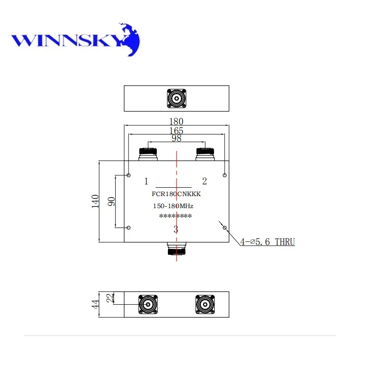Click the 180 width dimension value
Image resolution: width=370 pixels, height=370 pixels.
(177, 122)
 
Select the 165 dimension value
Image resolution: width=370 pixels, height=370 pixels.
(177, 130)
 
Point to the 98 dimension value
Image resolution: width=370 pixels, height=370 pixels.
(177, 138)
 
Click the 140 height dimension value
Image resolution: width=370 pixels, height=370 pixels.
(95, 201)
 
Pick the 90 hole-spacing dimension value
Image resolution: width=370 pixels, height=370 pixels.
(111, 201)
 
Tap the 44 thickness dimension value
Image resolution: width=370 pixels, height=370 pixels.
(95, 304)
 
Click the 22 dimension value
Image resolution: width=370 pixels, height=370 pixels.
(110, 298)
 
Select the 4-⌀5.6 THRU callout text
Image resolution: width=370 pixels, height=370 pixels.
(267, 241)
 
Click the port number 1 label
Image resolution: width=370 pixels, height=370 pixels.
(146, 180)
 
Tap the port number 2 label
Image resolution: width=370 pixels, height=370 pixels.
(204, 180)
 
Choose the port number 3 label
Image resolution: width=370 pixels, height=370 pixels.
(176, 229)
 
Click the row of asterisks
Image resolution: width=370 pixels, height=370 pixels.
(175, 216)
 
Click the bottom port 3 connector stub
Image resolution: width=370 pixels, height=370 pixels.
(176, 250)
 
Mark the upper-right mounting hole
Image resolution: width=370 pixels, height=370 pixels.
(224, 175)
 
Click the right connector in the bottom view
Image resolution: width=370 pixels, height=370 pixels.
(204, 304)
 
